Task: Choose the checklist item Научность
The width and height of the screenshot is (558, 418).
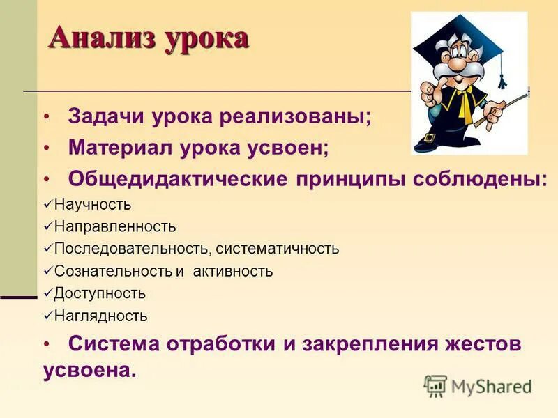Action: click(x=92, y=205)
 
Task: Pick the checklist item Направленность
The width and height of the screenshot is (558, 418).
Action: click(x=115, y=227)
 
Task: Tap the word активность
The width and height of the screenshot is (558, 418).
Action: click(x=234, y=271)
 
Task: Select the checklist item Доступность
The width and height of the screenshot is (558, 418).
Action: click(x=100, y=293)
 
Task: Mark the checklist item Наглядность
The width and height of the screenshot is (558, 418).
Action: click(x=100, y=316)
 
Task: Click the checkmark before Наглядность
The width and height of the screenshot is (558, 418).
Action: click(x=47, y=316)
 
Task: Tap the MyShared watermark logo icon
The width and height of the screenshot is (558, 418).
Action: click(x=435, y=386)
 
